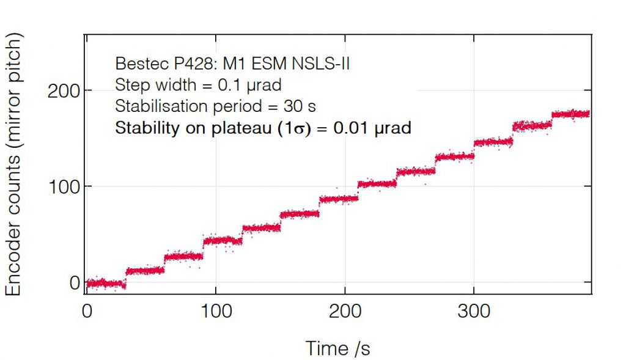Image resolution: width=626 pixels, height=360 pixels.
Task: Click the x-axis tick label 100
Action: pyautogui.click(x=217, y=312)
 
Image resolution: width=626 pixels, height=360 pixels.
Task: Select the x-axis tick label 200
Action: pyautogui.click(x=346, y=312)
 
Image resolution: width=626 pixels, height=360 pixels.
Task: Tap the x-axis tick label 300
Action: pyautogui.click(x=474, y=312)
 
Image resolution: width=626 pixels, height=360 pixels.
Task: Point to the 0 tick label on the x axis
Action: pyautogui.click(x=87, y=312)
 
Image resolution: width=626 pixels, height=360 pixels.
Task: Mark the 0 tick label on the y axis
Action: pyautogui.click(x=75, y=282)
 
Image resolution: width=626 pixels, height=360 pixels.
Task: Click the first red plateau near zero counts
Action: pyautogui.click(x=105, y=283)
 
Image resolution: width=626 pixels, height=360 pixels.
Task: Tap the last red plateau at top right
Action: pyautogui.click(x=570, y=114)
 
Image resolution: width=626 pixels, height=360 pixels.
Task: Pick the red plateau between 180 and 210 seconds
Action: pyautogui.click(x=339, y=199)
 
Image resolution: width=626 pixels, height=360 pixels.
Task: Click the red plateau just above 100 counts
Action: pyautogui.click(x=377, y=184)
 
